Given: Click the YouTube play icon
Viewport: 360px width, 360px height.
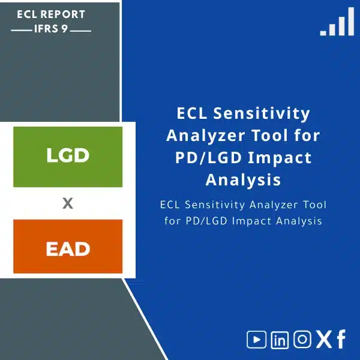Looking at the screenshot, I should click(257, 340).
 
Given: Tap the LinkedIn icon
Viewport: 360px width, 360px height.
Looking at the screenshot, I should click(280, 340).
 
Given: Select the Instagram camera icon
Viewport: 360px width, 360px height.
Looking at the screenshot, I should click(302, 340).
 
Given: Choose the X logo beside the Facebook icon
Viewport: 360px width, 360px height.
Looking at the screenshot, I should click(323, 340).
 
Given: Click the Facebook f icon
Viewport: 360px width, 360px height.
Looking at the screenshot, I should click(341, 340).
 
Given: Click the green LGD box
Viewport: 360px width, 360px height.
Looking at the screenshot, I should click(68, 156).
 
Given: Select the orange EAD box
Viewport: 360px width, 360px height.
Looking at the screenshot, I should click(68, 247).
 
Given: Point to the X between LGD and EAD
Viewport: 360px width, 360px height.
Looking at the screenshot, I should click(68, 203).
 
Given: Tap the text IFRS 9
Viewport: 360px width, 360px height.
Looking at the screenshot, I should click(52, 28).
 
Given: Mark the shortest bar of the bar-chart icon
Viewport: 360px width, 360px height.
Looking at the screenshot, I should click(323, 32).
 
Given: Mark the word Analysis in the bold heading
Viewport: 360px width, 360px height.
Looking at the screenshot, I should click(243, 179).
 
